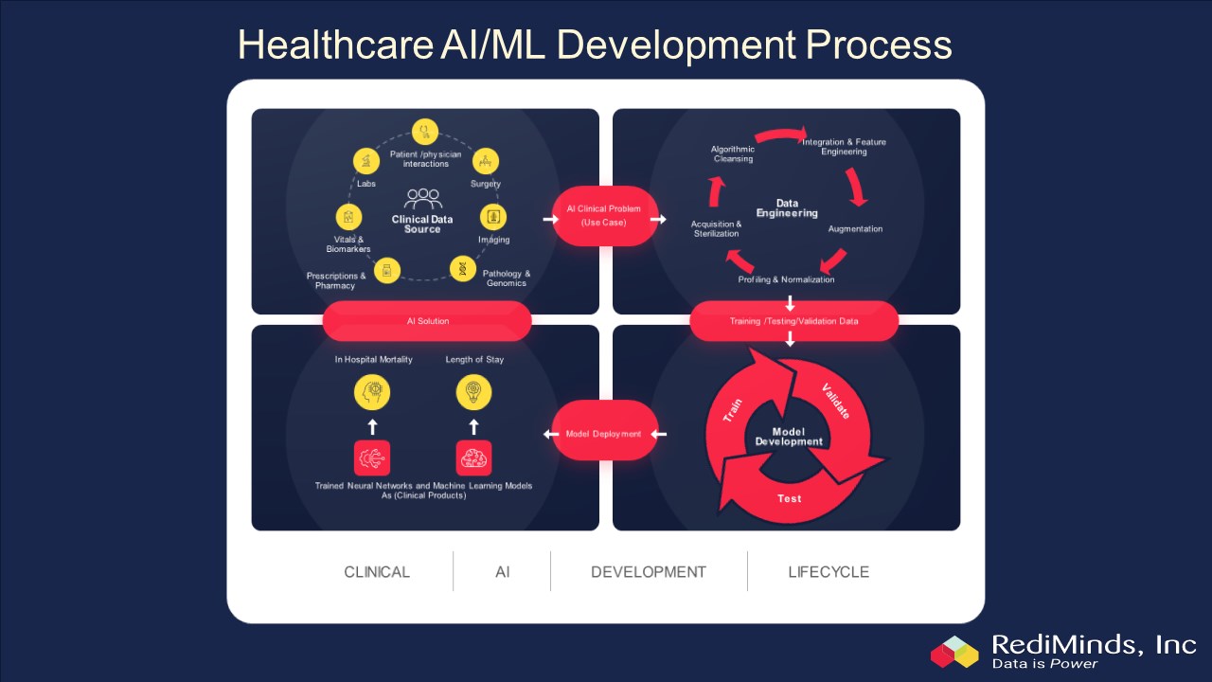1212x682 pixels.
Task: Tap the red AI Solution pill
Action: pyautogui.click(x=427, y=321)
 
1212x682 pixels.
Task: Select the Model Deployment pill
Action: pyautogui.click(x=604, y=434)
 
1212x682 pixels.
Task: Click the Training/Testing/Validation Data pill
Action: pyautogui.click(x=793, y=321)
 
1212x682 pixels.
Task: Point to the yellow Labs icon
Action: pyautogui.click(x=366, y=161)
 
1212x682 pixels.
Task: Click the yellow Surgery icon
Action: pyautogui.click(x=485, y=160)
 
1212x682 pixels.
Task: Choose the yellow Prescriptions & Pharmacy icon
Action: pyautogui.click(x=386, y=270)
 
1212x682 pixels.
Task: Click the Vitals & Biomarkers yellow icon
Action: pyautogui.click(x=348, y=217)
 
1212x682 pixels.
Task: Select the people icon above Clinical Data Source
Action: pyautogui.click(x=422, y=199)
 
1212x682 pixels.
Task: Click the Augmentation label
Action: pyautogui.click(x=855, y=229)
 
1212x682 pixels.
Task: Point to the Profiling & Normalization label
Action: pyautogui.click(x=786, y=279)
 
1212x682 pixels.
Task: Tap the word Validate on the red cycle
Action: pyautogui.click(x=835, y=400)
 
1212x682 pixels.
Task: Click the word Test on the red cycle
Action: pyautogui.click(x=789, y=498)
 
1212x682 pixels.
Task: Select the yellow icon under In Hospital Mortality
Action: pyautogui.click(x=372, y=391)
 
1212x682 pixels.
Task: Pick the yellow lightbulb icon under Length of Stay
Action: pyautogui.click(x=473, y=391)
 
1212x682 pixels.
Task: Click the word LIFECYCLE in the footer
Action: pyautogui.click(x=829, y=572)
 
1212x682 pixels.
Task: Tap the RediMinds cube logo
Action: pyautogui.click(x=954, y=651)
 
